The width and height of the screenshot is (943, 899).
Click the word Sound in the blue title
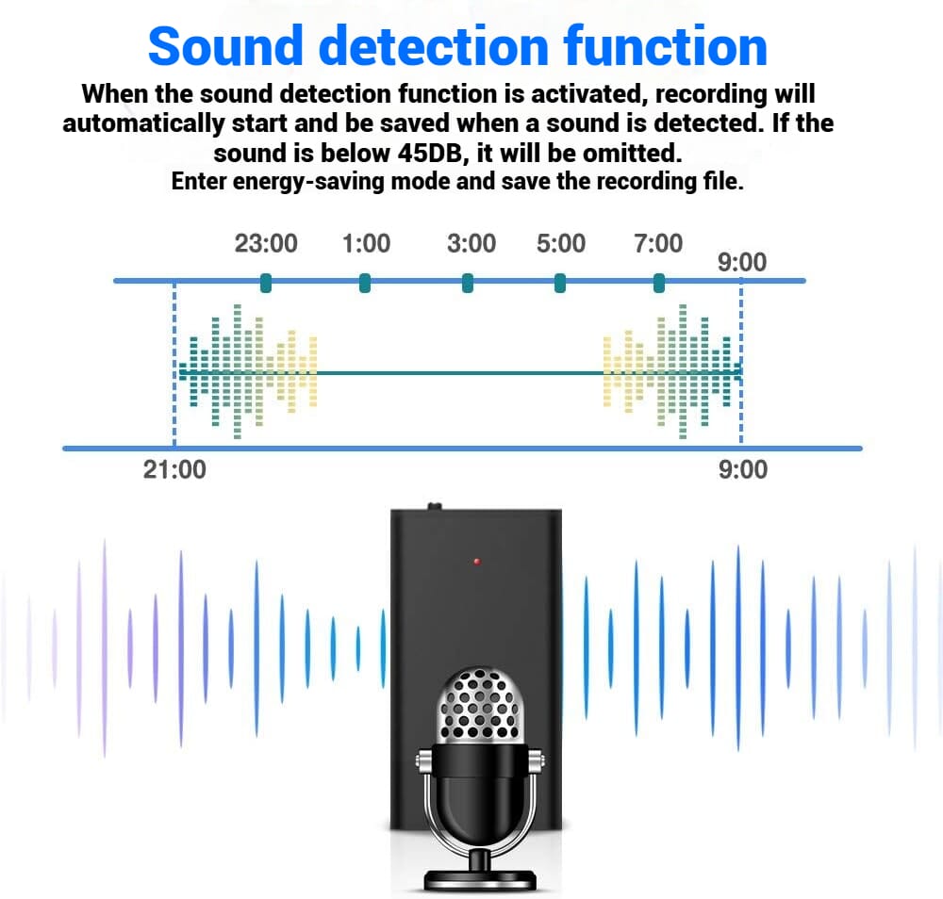[225, 46]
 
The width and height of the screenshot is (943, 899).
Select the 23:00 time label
[266, 243]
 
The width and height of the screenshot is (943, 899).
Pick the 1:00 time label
[366, 243]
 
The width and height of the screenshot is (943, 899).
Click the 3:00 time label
[471, 243]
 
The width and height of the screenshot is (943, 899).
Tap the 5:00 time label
[561, 243]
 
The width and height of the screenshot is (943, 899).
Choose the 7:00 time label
[658, 243]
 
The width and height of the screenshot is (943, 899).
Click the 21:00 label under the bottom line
[174, 470]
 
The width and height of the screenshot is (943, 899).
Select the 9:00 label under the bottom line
[743, 470]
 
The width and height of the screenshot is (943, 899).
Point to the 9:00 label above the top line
[742, 262]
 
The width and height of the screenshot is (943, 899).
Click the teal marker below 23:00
[266, 283]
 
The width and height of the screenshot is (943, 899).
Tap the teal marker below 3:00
[468, 283]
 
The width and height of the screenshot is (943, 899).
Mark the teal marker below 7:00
[659, 283]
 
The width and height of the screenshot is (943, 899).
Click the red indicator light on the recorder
[477, 562]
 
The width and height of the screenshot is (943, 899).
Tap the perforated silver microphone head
[480, 704]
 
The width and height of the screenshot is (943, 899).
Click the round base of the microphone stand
[480, 879]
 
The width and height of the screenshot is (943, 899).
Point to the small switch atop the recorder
[434, 506]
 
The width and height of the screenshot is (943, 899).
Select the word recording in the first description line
[711, 94]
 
